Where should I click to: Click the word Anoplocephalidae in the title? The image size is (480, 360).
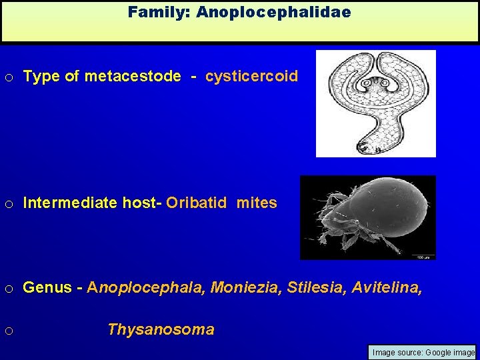273,12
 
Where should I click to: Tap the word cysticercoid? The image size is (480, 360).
252,76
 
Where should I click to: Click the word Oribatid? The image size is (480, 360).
199,203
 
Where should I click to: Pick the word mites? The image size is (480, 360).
257,203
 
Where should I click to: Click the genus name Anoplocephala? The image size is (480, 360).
147,287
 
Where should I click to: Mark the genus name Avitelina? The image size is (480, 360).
387,287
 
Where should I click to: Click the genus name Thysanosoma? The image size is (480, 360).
161,329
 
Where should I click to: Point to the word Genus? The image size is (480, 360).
46,287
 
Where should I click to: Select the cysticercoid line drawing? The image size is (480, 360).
375,103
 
